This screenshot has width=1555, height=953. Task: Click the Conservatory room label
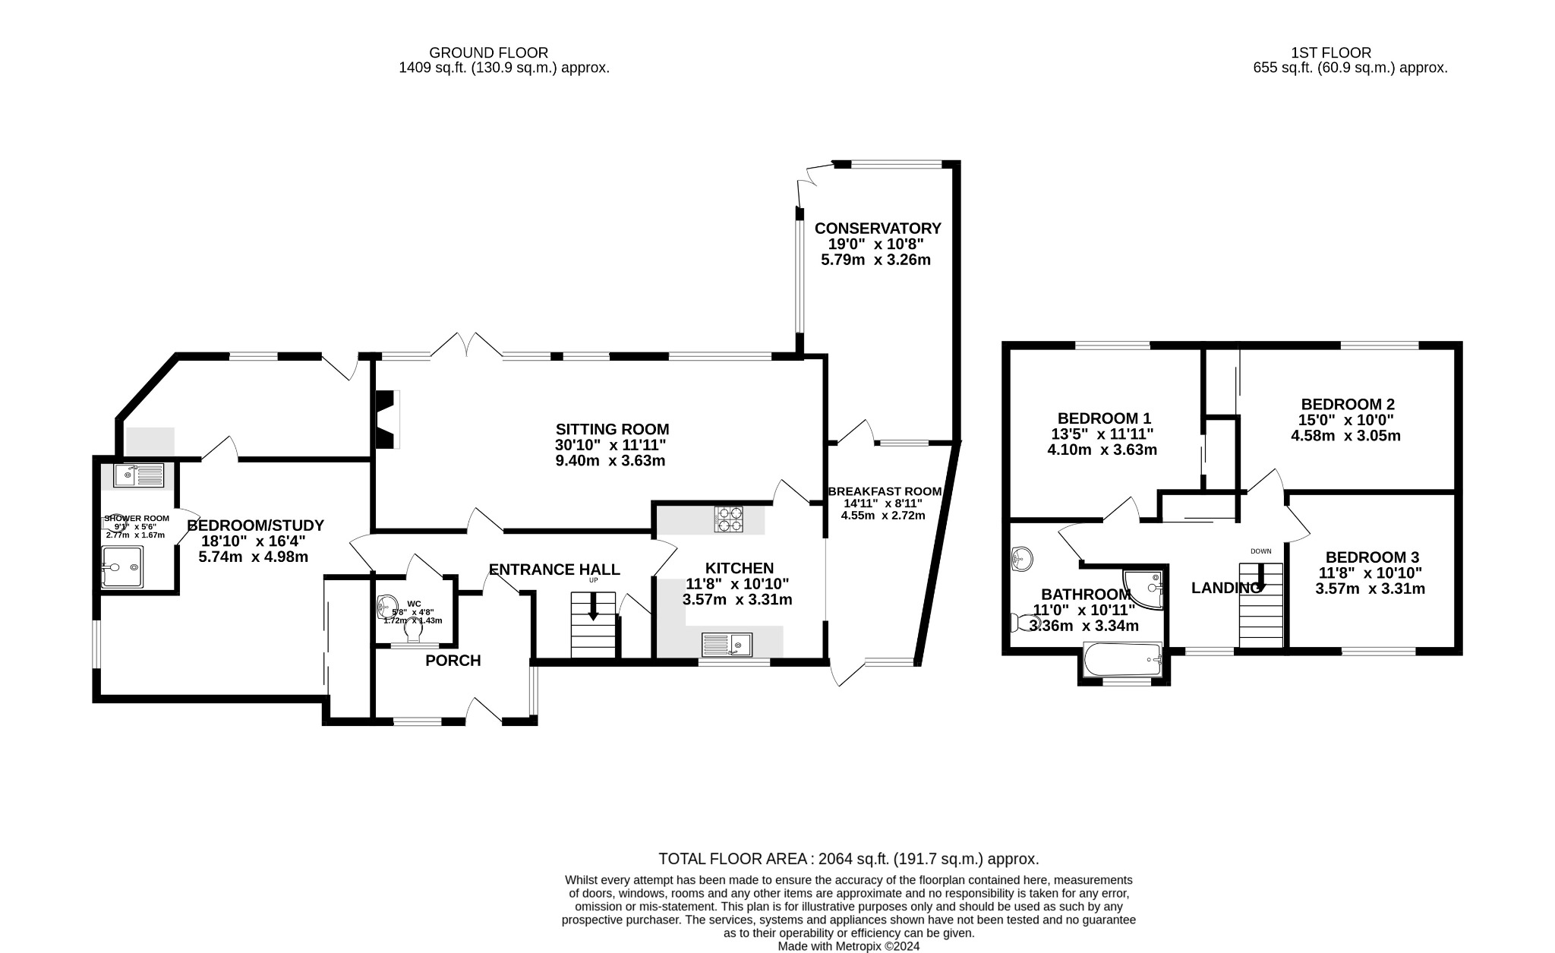877,228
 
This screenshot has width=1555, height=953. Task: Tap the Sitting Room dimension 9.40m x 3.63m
610,461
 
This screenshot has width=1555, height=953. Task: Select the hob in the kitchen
727,519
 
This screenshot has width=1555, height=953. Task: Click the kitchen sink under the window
727,645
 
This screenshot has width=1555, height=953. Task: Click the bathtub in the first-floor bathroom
1123,659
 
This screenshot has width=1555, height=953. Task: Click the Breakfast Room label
885,491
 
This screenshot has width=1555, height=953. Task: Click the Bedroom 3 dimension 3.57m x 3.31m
1370,589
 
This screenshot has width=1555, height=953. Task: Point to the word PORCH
453,661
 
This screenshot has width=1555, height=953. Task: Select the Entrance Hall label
554,570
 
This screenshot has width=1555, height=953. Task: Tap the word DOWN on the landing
1260,551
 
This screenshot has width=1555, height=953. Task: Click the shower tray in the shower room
121,566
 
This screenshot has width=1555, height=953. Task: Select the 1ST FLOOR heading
1330,53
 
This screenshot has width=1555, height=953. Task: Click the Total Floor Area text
848,859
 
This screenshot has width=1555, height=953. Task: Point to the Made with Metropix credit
848,946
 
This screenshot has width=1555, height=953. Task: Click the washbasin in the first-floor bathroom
1022,560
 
